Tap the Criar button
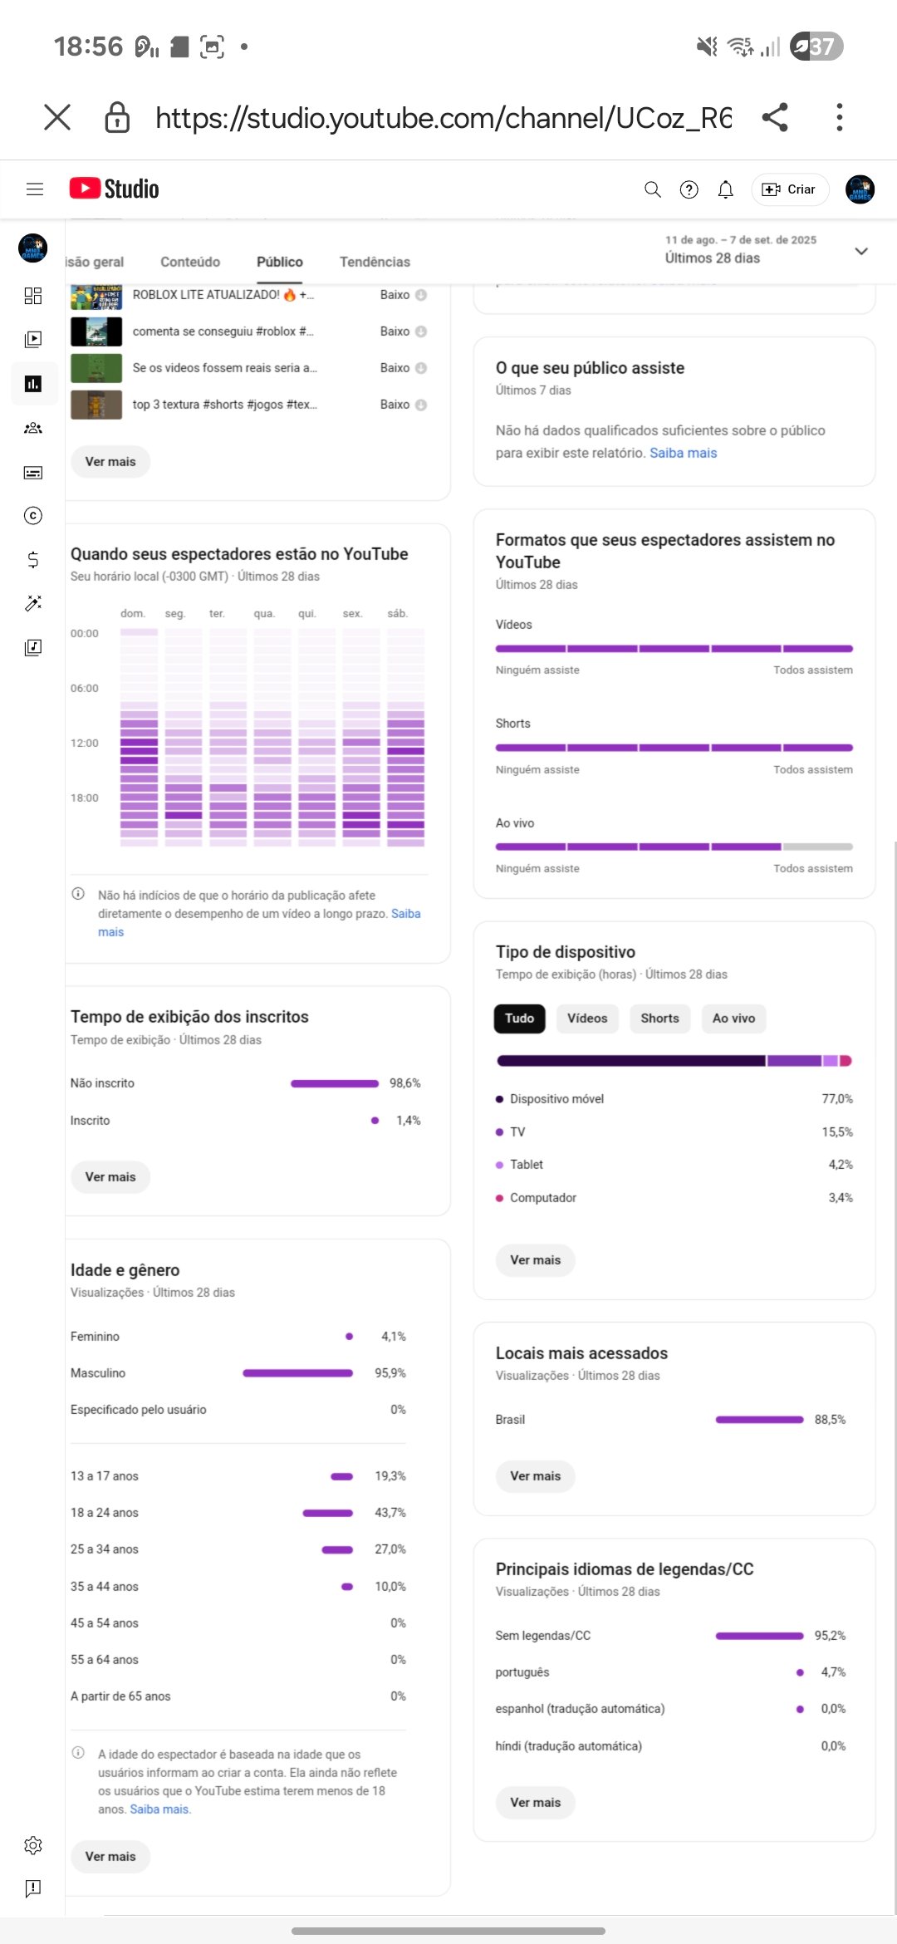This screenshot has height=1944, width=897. (x=790, y=189)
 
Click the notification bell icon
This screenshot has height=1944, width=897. (x=725, y=190)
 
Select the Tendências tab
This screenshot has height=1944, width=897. (x=375, y=262)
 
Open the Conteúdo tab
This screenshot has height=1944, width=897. (x=190, y=262)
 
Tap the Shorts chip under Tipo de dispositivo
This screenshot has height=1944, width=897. (x=659, y=1019)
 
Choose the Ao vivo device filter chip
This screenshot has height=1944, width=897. (x=733, y=1019)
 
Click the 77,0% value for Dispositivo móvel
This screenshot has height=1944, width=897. (x=837, y=1099)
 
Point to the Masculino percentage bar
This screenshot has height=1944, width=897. (x=297, y=1373)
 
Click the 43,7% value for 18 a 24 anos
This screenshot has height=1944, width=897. (x=390, y=1513)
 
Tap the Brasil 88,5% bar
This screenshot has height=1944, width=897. (x=759, y=1420)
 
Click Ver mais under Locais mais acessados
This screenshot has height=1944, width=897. (x=535, y=1476)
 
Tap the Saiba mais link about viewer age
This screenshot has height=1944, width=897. (x=159, y=1809)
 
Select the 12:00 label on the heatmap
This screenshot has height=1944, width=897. (x=85, y=743)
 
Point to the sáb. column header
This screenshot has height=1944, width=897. (x=397, y=614)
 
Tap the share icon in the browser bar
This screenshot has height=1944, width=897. (x=775, y=117)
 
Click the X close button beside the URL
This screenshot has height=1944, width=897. (x=57, y=117)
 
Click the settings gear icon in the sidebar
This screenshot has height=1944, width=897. (x=33, y=1845)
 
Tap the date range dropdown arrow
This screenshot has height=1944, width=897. (x=861, y=251)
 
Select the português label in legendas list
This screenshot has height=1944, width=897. (x=522, y=1672)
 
